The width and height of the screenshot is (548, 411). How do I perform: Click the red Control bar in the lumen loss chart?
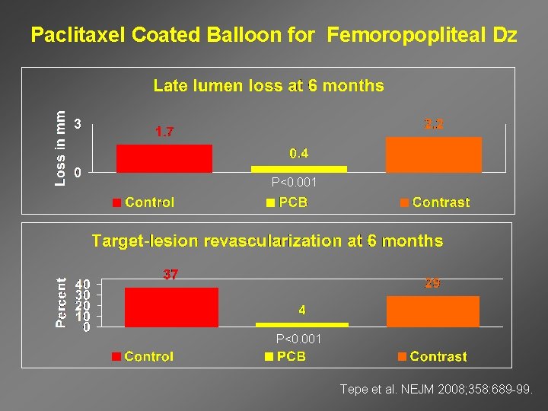click(164, 158)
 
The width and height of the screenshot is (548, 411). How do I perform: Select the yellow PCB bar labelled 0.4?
click(299, 169)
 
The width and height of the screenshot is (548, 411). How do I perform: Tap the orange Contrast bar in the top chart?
click(434, 155)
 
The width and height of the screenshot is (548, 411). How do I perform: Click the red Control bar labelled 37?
click(171, 307)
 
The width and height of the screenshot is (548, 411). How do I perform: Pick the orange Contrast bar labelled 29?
click(432, 312)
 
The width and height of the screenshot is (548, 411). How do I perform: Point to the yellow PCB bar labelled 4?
click(301, 325)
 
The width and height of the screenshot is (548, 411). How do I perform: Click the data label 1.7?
click(164, 132)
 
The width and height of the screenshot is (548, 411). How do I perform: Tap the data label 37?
click(170, 275)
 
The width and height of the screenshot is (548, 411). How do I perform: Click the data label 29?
click(432, 283)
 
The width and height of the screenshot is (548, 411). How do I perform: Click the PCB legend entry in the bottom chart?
click(286, 356)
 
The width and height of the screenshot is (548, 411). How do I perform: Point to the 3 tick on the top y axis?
click(77, 124)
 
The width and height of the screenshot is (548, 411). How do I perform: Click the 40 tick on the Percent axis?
click(82, 284)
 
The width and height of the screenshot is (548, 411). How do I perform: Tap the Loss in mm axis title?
click(60, 145)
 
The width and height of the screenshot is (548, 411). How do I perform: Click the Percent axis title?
click(60, 302)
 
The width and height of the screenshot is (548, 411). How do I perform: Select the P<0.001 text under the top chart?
click(294, 183)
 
